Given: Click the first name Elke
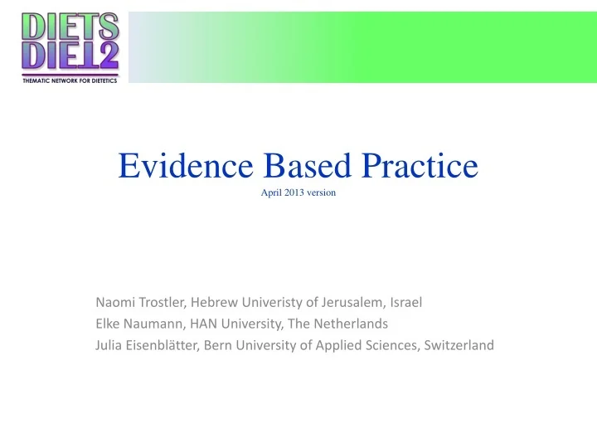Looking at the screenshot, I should (x=108, y=324).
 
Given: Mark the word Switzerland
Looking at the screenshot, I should (x=459, y=345).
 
